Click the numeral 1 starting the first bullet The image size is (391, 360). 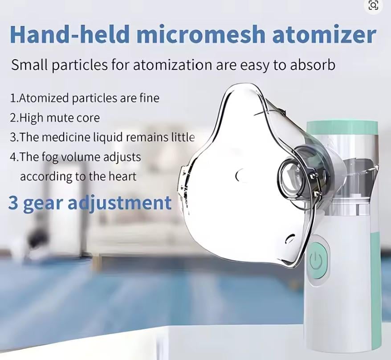(12, 98)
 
